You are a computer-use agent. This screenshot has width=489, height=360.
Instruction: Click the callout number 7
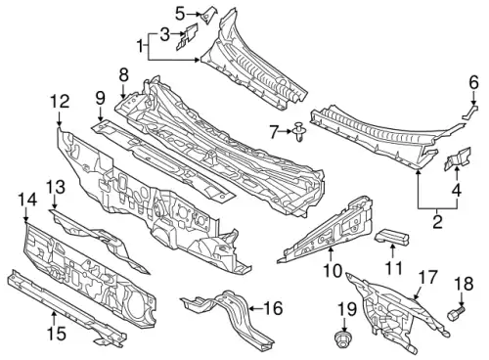(274, 132)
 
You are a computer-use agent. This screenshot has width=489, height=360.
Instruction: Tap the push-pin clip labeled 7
(297, 132)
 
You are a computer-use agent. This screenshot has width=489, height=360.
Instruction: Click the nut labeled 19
(342, 338)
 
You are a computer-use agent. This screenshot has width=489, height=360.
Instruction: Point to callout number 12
(60, 101)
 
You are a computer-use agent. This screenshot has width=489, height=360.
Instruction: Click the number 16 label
(274, 308)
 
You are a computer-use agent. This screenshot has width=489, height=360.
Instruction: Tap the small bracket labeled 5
(207, 15)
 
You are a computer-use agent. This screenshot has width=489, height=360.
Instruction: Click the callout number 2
(437, 221)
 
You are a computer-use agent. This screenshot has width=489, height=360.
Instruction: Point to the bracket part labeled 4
(458, 158)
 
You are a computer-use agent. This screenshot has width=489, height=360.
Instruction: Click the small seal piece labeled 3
(187, 36)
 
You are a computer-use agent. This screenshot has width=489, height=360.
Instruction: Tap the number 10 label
(333, 271)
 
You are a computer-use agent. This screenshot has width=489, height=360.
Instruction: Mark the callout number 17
(427, 277)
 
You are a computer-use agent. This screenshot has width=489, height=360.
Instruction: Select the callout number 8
(124, 75)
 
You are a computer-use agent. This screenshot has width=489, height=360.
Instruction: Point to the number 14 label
(27, 200)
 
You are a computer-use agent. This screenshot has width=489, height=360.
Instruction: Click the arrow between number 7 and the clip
(286, 131)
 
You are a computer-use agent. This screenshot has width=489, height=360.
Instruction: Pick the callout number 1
(140, 46)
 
